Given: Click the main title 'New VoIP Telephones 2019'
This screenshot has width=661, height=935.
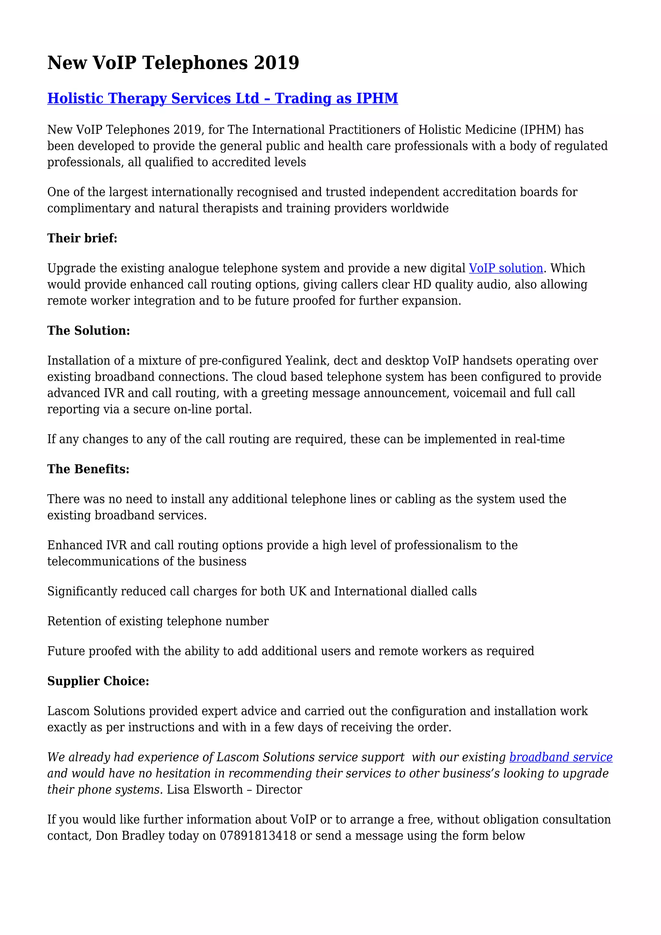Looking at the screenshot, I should (x=173, y=63).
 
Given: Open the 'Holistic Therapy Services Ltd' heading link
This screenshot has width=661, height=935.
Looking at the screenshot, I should (x=222, y=98).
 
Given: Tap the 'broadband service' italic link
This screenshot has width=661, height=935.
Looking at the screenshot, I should (x=561, y=757).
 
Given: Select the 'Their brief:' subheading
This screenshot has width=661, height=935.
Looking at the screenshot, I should (x=82, y=238).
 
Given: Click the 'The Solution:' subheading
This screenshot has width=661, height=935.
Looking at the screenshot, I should (x=88, y=331).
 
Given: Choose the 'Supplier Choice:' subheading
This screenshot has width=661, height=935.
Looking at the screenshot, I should (x=98, y=681).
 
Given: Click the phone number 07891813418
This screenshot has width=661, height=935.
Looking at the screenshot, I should (x=258, y=836).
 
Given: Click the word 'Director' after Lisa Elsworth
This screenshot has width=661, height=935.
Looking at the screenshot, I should (x=279, y=790).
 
